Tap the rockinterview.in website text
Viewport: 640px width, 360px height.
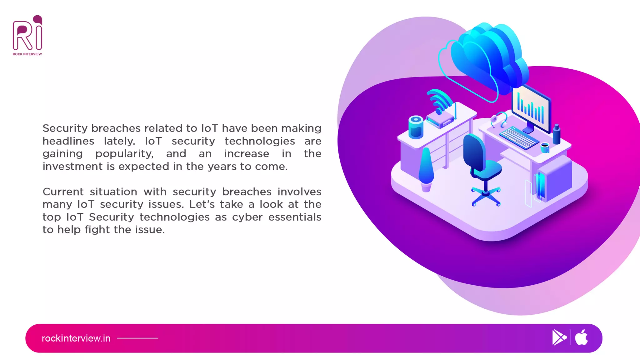click(x=76, y=338)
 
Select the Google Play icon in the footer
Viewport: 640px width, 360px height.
click(x=559, y=337)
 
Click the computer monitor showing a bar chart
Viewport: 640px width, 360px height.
click(x=531, y=108)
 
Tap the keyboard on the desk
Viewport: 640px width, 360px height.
click(x=519, y=137)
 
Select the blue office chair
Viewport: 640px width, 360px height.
click(x=481, y=166)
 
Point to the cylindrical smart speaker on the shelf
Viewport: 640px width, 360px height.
click(x=416, y=127)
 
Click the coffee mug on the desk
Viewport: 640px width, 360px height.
click(x=545, y=147)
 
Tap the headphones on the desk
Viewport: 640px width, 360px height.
click(x=499, y=120)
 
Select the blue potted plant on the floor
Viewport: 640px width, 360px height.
click(x=426, y=169)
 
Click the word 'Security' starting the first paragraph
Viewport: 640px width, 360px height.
click(x=65, y=128)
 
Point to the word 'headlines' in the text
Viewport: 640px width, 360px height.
click(x=68, y=141)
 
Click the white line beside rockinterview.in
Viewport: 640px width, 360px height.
click(x=137, y=338)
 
